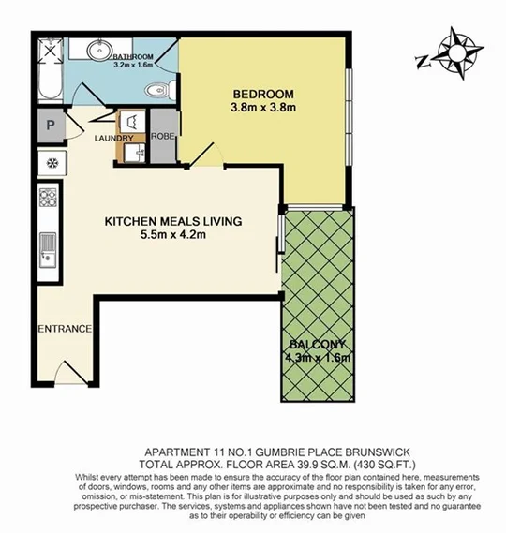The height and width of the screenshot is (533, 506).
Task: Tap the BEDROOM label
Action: (x=263, y=95)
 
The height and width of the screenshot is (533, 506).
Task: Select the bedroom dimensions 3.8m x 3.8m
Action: (x=263, y=109)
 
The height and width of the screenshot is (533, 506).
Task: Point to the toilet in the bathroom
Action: (x=158, y=91)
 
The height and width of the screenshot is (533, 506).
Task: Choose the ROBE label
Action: (x=163, y=137)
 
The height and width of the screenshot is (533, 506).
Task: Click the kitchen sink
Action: (x=47, y=247)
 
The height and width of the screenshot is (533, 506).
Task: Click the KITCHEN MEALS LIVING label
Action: (x=172, y=221)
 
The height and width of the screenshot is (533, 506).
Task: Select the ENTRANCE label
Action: (x=64, y=329)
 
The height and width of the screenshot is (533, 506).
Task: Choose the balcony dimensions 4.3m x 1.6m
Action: (x=318, y=358)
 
